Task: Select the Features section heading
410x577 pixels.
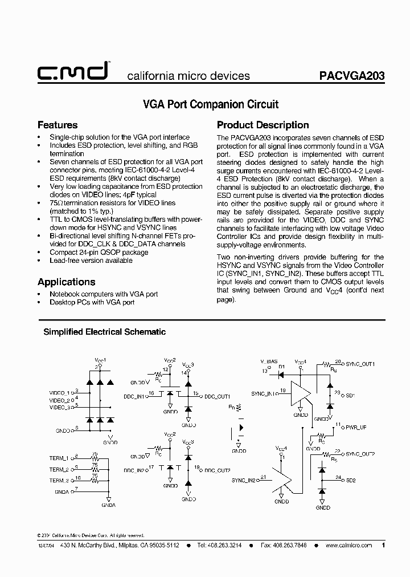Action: coord(57,125)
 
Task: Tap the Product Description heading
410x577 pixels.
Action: coord(263,125)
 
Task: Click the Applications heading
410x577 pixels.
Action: coord(66,282)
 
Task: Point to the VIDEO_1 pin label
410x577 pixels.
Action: coord(60,393)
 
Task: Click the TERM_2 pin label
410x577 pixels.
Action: coord(59,469)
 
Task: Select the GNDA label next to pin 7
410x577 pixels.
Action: coord(61,491)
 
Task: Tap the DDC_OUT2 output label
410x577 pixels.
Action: coord(217,470)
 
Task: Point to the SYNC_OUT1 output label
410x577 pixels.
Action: coord(360,363)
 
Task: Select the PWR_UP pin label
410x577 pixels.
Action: coord(357,426)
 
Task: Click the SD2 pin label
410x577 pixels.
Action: coord(351,480)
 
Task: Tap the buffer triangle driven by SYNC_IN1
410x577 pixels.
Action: coord(300,394)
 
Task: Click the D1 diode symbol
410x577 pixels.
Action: coord(281,375)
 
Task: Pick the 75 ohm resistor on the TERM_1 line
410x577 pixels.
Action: coord(95,458)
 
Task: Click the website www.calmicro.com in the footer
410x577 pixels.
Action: coord(348,545)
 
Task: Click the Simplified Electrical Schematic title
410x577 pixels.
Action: coord(105,331)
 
